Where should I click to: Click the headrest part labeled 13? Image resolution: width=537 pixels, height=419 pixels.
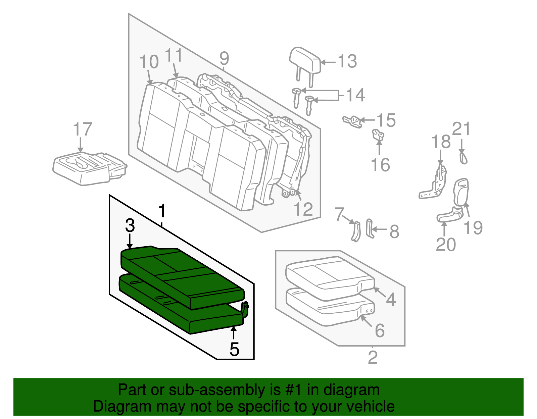tap(305, 61)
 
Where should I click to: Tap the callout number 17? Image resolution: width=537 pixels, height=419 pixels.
tap(83, 129)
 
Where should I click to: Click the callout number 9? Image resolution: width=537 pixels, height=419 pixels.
tap(224, 58)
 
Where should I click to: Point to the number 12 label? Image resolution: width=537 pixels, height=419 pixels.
tap(303, 209)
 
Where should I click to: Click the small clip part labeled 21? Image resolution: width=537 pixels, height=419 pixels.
tap(463, 158)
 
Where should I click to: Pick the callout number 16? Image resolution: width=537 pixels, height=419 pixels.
tap(380, 165)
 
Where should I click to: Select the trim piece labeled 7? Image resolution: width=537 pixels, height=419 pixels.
tap(356, 231)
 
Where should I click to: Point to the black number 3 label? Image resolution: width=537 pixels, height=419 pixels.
tap(130, 225)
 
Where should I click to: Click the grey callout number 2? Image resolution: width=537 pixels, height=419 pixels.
tap(373, 358)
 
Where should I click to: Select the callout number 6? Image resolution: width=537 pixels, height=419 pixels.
tap(380, 330)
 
